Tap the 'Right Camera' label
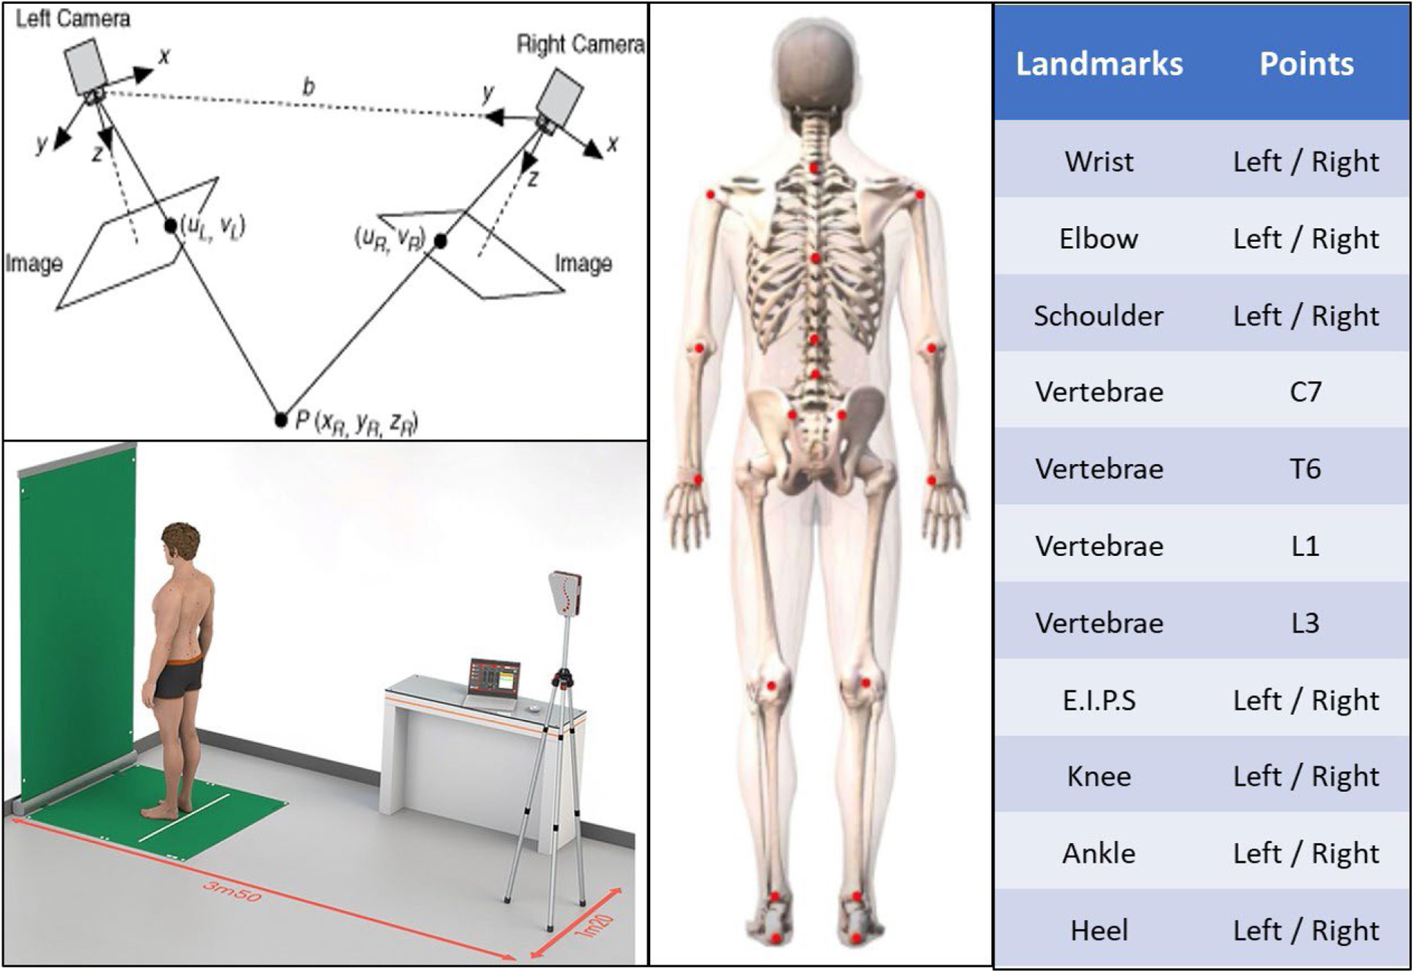[580, 45]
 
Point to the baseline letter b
[309, 87]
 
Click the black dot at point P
[280, 420]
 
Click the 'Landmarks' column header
[1099, 64]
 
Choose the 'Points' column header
[1306, 64]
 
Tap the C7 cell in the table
[1306, 392]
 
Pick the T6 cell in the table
[1306, 469]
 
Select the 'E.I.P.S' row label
[1099, 700]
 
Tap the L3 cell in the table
[1306, 623]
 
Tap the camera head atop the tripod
[565, 593]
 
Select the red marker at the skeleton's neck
[814, 166]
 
